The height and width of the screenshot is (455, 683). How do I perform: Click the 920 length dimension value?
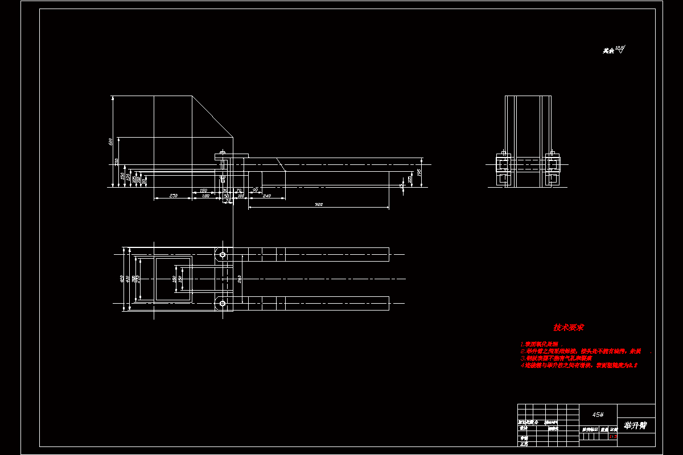[319, 204]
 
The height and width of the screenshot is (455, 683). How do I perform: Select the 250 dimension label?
[174, 196]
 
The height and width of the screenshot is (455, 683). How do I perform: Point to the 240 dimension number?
[266, 196]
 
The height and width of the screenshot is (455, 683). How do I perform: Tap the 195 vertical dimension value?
[419, 171]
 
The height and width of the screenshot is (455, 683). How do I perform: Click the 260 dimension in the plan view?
[239, 279]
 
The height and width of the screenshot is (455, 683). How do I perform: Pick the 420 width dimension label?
[122, 279]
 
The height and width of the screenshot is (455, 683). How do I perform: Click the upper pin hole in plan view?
[223, 254]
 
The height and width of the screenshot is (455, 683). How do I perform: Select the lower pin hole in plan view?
[223, 304]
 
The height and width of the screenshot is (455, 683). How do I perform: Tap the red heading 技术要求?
[568, 328]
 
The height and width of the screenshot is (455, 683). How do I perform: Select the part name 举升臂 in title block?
[635, 425]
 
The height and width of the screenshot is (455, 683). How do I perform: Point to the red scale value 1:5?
[613, 437]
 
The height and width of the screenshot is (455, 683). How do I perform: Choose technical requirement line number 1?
[541, 344]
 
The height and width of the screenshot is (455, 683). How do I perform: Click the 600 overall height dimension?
[110, 141]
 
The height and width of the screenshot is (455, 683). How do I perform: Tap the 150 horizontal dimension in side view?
[203, 191]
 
